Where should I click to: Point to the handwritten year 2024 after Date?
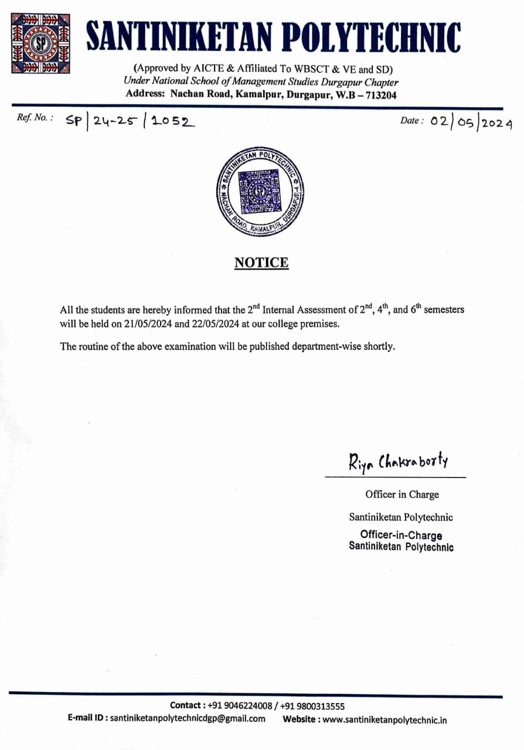(x=498, y=123)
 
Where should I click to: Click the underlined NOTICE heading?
(x=261, y=262)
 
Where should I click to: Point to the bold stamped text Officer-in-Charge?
(x=401, y=535)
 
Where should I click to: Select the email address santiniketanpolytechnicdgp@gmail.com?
(x=188, y=718)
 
